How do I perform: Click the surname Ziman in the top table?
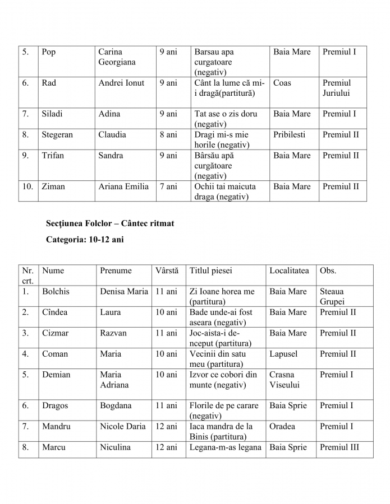coord(53,186)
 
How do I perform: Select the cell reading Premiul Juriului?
coord(337,88)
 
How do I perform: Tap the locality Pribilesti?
coord(290,135)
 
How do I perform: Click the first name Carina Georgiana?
coord(117,57)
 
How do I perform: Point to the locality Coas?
coord(282,83)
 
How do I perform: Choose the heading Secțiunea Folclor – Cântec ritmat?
coord(110,223)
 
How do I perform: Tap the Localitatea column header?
coord(289,270)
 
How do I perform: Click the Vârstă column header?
coord(167,270)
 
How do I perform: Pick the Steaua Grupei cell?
coord(332,297)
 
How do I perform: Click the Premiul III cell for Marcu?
coord(339,447)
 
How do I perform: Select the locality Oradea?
coord(282,426)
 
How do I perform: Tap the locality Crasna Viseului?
coord(285,380)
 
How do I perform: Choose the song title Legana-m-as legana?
coord(226,447)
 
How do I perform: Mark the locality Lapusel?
coord(283,354)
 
